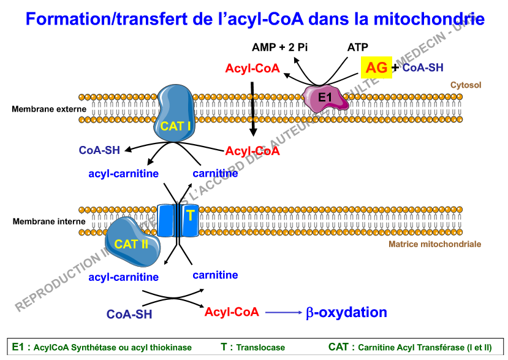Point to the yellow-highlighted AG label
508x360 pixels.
point(377,67)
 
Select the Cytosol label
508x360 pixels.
point(466,85)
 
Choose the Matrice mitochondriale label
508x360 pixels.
point(434,244)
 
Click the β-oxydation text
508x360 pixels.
point(346,312)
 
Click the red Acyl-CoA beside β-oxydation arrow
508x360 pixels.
point(232,312)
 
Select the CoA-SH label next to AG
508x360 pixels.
point(423,67)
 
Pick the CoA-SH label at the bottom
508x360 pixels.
point(129,315)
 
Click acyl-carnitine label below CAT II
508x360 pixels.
point(123,277)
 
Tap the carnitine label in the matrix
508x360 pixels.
point(215,275)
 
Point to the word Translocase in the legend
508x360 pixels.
point(260,347)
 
